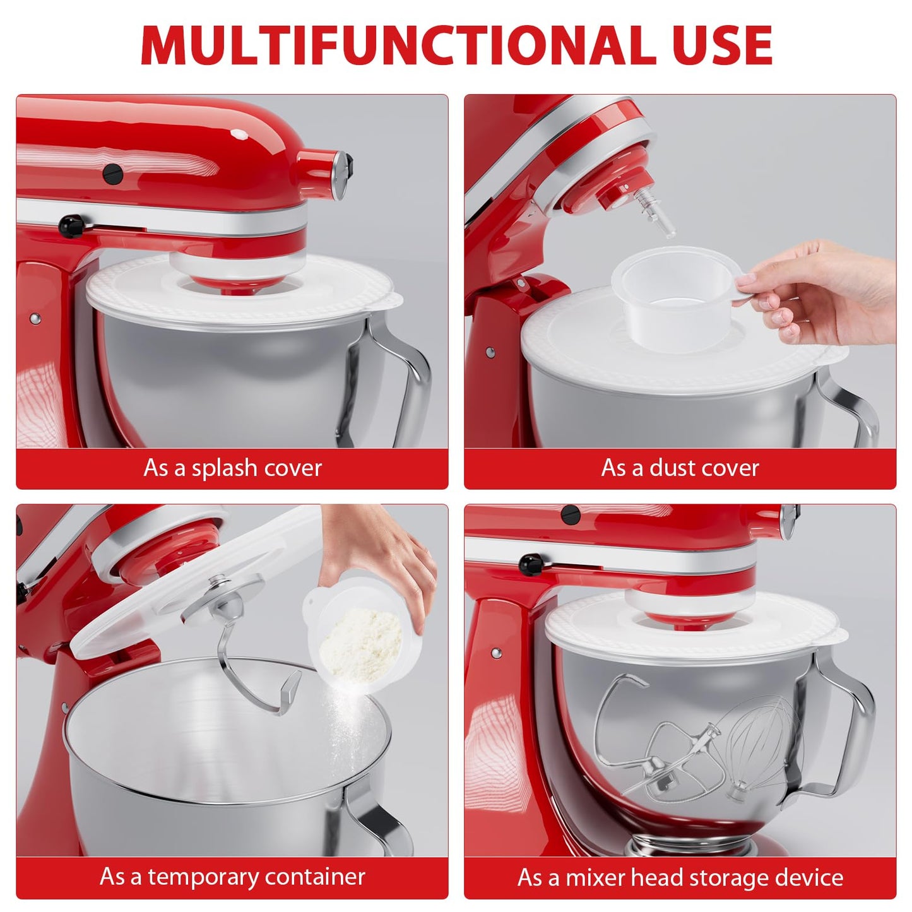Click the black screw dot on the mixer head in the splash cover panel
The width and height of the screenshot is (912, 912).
click(x=112, y=170)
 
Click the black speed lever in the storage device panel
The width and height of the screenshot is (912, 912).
click(x=531, y=562)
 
